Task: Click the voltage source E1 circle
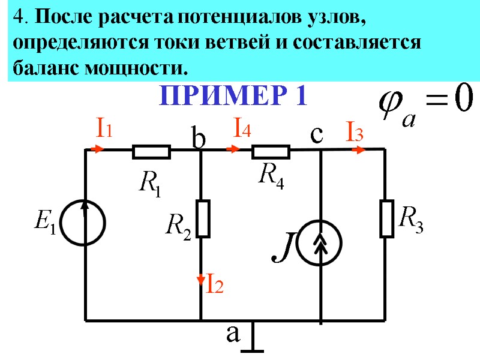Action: (85, 223)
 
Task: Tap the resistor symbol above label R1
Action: (151, 152)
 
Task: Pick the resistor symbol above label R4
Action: (271, 152)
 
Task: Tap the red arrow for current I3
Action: (358, 149)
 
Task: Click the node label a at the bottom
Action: (233, 334)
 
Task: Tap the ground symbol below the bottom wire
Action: (253, 342)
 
